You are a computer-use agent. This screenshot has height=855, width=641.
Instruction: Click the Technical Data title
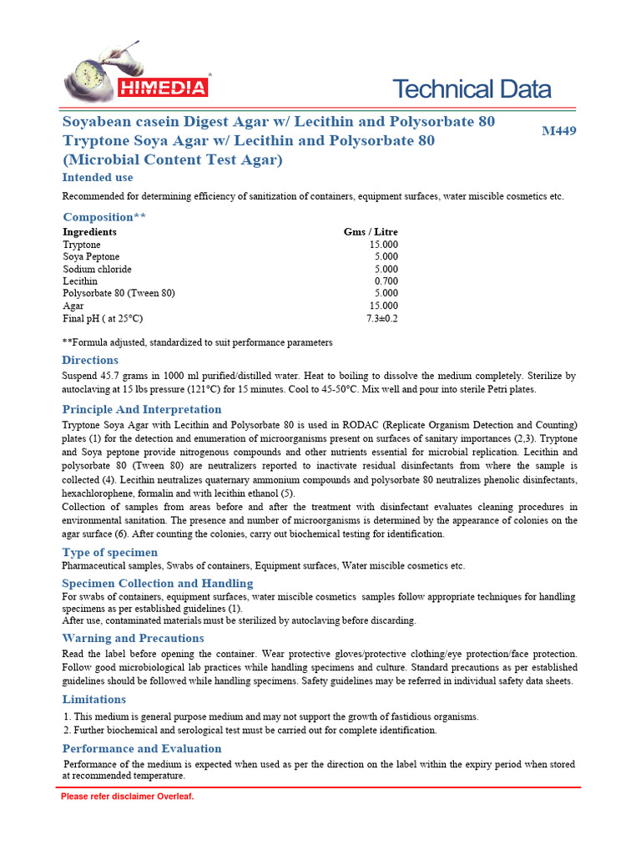point(472,89)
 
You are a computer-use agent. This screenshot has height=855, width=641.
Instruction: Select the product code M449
point(558,131)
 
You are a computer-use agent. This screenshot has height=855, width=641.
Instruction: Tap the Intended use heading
point(98,178)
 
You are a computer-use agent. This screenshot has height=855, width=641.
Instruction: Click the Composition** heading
point(104,217)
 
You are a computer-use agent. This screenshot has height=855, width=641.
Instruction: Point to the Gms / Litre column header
point(371,232)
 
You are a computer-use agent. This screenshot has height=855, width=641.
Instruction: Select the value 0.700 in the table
point(386,281)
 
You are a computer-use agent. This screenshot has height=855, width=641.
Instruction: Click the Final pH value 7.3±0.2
point(382,319)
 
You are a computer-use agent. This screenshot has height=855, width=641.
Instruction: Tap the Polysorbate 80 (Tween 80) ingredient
point(119,294)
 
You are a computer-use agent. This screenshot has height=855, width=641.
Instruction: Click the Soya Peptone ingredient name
point(91,257)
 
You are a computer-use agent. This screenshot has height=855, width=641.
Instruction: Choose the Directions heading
point(90,360)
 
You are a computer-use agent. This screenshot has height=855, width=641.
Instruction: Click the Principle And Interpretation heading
point(142,409)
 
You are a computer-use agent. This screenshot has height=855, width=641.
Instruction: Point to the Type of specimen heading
point(109,553)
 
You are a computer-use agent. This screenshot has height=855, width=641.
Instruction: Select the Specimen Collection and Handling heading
point(158,584)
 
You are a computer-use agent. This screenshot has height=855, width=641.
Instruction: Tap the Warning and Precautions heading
point(133,639)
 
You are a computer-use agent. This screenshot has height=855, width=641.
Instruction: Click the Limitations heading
point(94,700)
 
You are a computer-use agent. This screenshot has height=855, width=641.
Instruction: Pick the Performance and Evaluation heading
point(142,749)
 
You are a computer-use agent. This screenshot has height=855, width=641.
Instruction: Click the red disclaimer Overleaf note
point(127,797)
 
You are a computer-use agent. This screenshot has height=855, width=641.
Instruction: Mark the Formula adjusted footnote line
point(198,342)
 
